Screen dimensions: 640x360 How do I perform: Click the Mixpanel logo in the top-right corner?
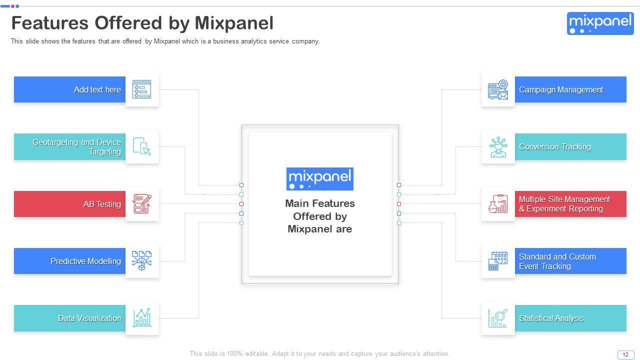tap(600, 23)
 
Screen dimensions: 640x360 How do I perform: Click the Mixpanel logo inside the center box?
tap(320, 178)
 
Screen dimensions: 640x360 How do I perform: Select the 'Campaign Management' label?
tap(560, 90)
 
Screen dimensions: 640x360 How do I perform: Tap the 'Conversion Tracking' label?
tap(554, 147)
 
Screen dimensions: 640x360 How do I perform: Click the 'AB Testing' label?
tap(102, 204)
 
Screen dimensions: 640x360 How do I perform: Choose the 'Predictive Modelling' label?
tap(85, 261)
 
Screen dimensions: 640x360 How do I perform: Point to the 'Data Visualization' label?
tap(89, 318)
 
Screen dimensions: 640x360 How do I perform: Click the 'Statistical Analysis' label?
tap(551, 318)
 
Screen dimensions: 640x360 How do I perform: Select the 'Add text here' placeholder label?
tap(97, 90)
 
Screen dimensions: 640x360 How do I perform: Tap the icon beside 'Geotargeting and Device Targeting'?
tap(142, 147)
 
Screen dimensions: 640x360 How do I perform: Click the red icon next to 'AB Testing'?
tap(142, 204)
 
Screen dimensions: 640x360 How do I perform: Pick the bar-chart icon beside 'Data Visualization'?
tap(142, 318)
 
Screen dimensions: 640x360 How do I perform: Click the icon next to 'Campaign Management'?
tap(498, 90)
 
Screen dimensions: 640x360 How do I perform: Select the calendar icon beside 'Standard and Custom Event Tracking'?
tap(498, 261)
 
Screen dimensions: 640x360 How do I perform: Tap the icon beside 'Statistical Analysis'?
tap(498, 318)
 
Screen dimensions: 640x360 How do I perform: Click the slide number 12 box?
tap(625, 354)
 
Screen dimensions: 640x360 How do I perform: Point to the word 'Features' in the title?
tap(49, 23)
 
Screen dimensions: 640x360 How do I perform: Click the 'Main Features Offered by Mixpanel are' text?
tap(320, 216)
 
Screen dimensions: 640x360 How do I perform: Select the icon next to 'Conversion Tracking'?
tap(498, 147)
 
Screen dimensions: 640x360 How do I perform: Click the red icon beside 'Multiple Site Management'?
tap(498, 204)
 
